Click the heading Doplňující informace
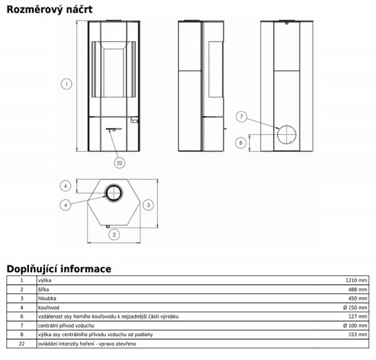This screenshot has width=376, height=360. (x=59, y=269)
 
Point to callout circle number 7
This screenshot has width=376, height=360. (x=243, y=117)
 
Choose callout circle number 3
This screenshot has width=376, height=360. (x=147, y=204)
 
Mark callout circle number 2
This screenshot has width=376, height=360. (x=113, y=235)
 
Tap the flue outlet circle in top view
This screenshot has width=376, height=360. (x=113, y=192)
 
